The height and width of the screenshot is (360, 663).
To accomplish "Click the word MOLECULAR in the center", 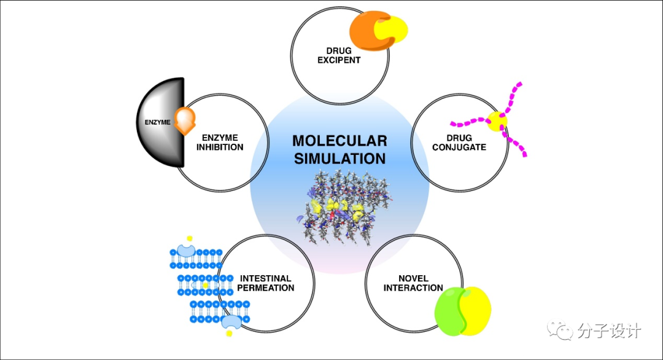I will (x=339, y=140).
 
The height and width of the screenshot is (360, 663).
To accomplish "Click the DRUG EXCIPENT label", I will (x=339, y=55).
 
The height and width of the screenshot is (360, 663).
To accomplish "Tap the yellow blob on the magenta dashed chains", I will (x=497, y=121).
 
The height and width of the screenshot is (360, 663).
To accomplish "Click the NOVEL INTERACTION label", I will (x=413, y=283).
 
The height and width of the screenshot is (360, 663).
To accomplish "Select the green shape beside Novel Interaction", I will (x=451, y=310).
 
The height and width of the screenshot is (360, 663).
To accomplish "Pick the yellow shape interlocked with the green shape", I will (x=478, y=310).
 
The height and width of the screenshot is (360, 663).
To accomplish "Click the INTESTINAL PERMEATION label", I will (x=266, y=283).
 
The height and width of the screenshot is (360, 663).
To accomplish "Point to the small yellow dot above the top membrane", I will (x=190, y=237).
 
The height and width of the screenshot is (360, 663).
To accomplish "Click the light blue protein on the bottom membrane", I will (x=231, y=321).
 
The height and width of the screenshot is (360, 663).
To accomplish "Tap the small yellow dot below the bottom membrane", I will (x=229, y=334).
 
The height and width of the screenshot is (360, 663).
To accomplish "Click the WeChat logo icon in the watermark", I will (x=559, y=331).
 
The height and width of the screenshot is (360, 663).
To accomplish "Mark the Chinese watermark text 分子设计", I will (x=609, y=331).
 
